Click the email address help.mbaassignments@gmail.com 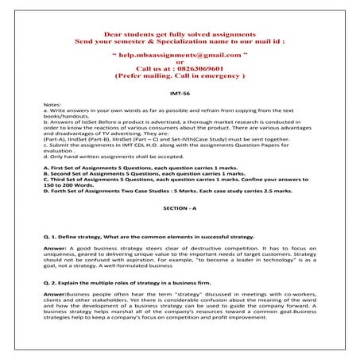tap(180, 60)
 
